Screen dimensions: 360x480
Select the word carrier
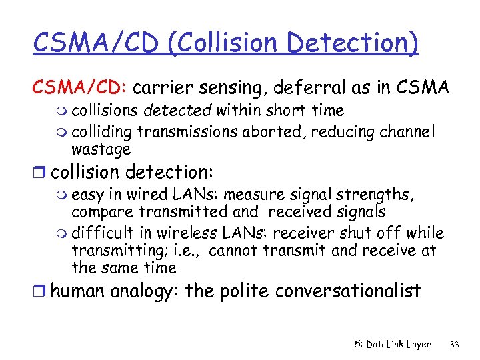[x=165, y=88]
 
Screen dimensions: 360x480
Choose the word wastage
[x=101, y=149]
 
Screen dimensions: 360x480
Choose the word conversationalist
[x=348, y=291]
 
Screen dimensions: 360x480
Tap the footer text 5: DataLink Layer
[x=392, y=344]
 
